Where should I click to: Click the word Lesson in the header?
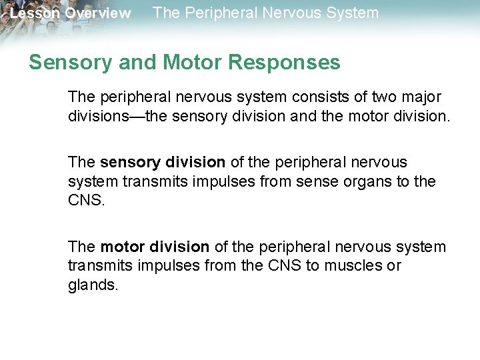click(33, 13)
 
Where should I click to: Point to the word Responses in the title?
click(285, 63)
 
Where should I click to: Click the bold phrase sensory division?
click(163, 163)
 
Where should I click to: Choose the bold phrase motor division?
click(155, 247)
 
